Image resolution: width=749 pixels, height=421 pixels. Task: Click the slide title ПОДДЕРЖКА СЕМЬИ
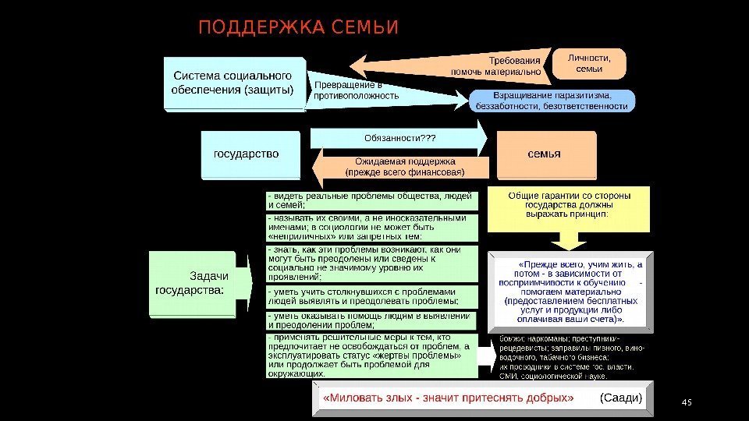pyautogui.click(x=298, y=29)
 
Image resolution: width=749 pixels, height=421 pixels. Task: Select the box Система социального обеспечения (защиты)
pyautogui.click(x=233, y=83)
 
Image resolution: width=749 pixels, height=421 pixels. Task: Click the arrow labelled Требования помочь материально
pyautogui.click(x=468, y=65)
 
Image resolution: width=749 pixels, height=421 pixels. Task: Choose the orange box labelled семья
pyautogui.click(x=544, y=154)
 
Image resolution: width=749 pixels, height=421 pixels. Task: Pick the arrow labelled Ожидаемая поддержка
pyautogui.click(x=404, y=166)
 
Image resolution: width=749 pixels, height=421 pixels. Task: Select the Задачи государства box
pyautogui.click(x=193, y=283)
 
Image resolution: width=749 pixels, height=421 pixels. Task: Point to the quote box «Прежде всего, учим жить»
pyautogui.click(x=570, y=292)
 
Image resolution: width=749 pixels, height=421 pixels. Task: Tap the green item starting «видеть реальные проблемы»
pyautogui.click(x=371, y=200)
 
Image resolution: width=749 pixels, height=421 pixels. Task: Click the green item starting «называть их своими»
pyautogui.click(x=371, y=228)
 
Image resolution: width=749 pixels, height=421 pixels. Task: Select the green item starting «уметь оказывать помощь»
pyautogui.click(x=371, y=320)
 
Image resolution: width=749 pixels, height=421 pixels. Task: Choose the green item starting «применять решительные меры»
pyautogui.click(x=371, y=356)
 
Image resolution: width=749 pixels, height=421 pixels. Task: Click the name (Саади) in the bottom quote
pyautogui.click(x=620, y=398)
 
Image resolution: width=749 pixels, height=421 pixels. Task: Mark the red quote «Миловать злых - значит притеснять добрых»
pyautogui.click(x=449, y=398)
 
